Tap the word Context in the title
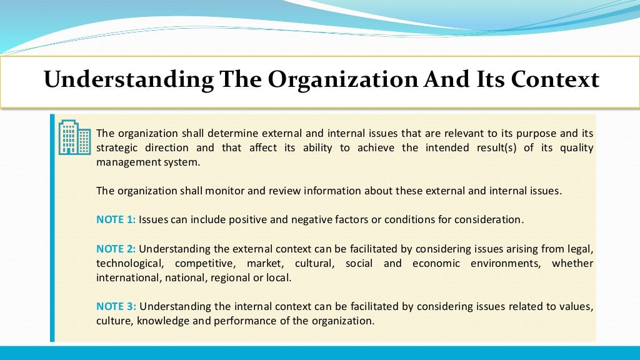[555, 80]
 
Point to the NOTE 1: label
[116, 220]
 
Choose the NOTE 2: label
[116, 249]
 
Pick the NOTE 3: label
[116, 307]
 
